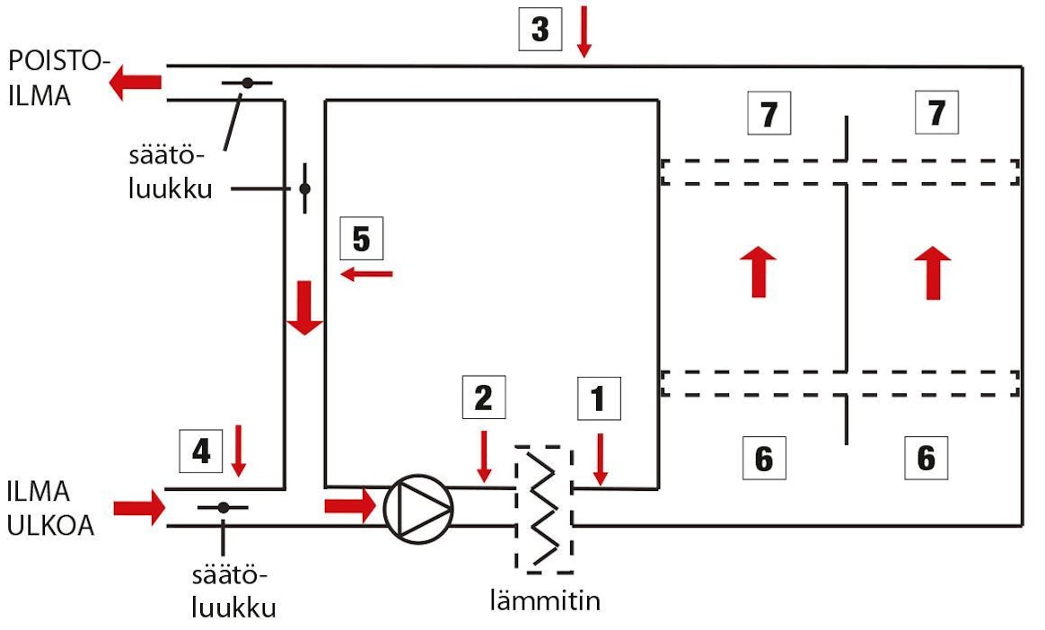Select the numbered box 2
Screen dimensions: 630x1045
(x=484, y=398)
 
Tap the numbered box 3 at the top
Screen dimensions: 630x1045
(x=540, y=29)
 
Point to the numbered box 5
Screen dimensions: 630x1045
(x=361, y=240)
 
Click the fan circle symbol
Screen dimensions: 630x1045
(x=418, y=507)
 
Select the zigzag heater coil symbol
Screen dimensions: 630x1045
(x=543, y=509)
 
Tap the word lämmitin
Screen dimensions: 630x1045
(x=544, y=599)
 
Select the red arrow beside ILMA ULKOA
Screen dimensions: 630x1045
(x=142, y=507)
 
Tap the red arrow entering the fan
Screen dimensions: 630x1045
(x=349, y=505)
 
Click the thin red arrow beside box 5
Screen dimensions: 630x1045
(x=366, y=272)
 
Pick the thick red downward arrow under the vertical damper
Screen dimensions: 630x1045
(x=304, y=308)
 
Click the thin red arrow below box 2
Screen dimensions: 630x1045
(x=484, y=455)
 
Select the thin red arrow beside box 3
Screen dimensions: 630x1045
(x=584, y=31)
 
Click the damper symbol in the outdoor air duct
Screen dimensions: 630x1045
(x=223, y=508)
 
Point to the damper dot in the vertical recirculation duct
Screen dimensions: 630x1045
(x=304, y=188)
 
